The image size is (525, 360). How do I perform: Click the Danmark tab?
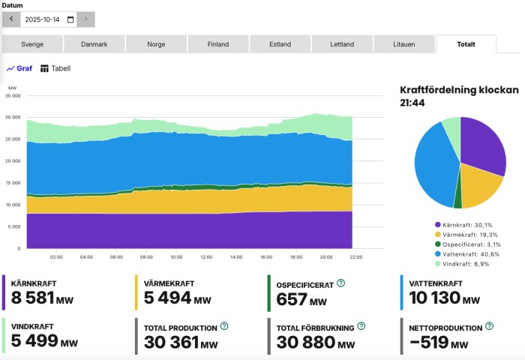coord(94,44)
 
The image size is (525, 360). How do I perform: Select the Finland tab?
coord(218,44)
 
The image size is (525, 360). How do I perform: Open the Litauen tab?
coord(403,44)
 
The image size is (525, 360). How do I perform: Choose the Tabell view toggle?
coord(55,68)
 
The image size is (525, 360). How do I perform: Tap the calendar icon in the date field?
coord(70,19)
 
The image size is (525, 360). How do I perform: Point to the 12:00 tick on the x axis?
coord(205,256)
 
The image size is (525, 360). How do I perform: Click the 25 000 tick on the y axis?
coord(13,139)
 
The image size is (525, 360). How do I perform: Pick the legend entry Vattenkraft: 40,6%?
coord(468,255)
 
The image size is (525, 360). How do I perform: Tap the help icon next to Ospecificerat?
coord(340,283)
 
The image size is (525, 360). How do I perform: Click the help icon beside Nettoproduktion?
coord(489,326)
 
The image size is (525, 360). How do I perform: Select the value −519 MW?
coord(439,343)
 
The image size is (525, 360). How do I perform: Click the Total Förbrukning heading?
coord(315,327)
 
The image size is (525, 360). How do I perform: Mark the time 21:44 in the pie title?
coord(411,103)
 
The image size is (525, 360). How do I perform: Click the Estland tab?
coord(280,44)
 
